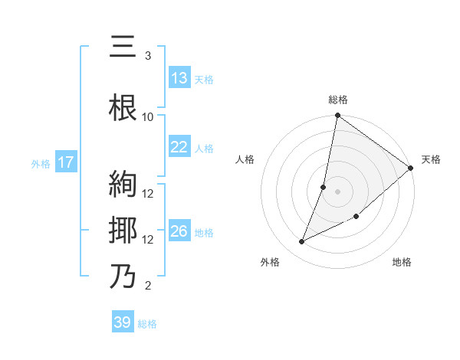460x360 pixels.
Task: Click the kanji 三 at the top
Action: click(x=123, y=47)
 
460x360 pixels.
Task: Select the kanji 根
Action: click(x=123, y=108)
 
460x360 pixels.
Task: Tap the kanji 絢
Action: click(x=123, y=185)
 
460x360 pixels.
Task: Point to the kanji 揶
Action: click(x=123, y=230)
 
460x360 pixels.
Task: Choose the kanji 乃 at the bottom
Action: click(x=123, y=277)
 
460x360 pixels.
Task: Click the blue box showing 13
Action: click(x=179, y=77)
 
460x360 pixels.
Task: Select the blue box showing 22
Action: click(x=179, y=147)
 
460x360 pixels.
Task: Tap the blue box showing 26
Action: click(x=179, y=231)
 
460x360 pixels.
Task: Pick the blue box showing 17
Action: click(x=65, y=162)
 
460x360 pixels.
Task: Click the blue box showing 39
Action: click(x=122, y=322)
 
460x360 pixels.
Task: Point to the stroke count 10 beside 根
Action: click(x=148, y=116)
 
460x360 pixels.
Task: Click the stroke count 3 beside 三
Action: click(x=148, y=56)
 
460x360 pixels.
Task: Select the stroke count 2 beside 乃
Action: click(x=148, y=286)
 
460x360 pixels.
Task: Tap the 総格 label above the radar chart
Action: click(x=338, y=100)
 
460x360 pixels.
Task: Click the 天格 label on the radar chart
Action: click(x=431, y=159)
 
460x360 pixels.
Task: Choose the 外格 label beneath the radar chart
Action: click(x=270, y=262)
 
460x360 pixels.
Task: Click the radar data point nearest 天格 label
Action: click(x=410, y=168)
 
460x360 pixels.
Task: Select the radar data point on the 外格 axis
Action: click(x=302, y=241)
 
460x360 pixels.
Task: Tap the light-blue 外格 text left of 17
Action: click(x=41, y=163)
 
